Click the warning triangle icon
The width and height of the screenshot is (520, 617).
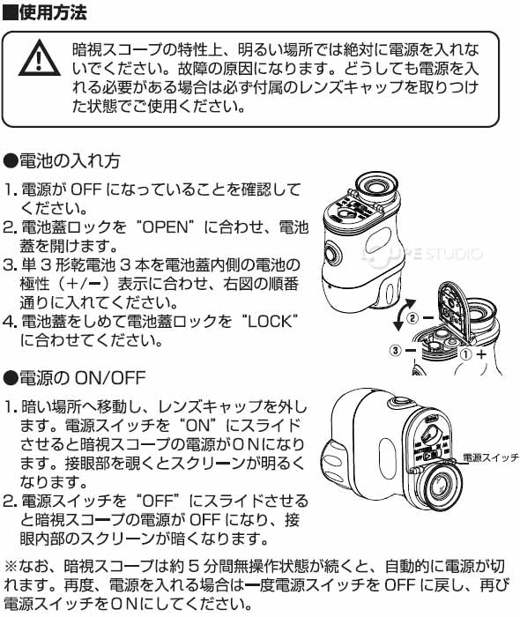click(x=40, y=58)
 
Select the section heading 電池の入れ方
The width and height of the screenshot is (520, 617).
click(x=70, y=161)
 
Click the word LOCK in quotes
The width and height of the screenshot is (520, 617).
click(x=270, y=322)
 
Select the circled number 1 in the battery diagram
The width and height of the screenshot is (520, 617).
click(x=465, y=354)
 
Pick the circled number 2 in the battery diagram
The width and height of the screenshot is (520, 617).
click(x=412, y=317)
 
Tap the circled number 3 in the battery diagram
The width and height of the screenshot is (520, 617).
click(x=396, y=350)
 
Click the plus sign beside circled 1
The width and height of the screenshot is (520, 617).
click(x=481, y=354)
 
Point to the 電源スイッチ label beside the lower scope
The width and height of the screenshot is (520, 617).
click(x=491, y=457)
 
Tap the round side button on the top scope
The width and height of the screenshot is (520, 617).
click(x=331, y=254)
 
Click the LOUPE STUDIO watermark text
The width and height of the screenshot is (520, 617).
click(x=423, y=254)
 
